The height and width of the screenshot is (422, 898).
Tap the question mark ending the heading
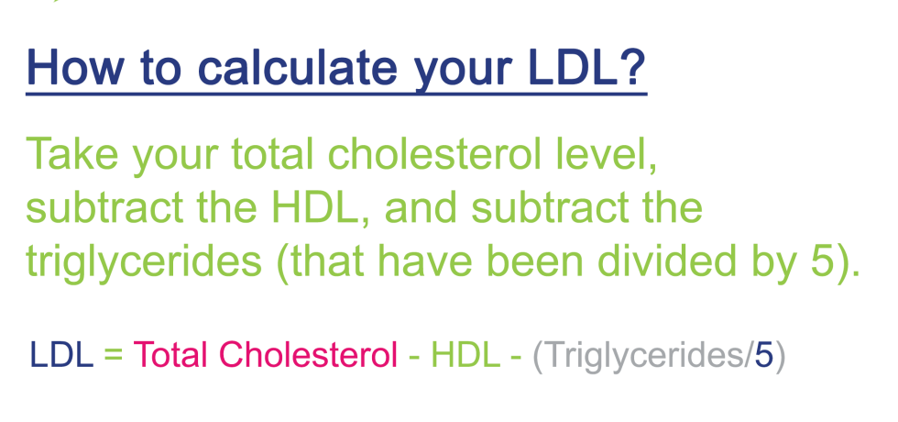631,66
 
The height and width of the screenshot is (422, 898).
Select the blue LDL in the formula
62,355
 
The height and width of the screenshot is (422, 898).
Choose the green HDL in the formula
465,355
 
